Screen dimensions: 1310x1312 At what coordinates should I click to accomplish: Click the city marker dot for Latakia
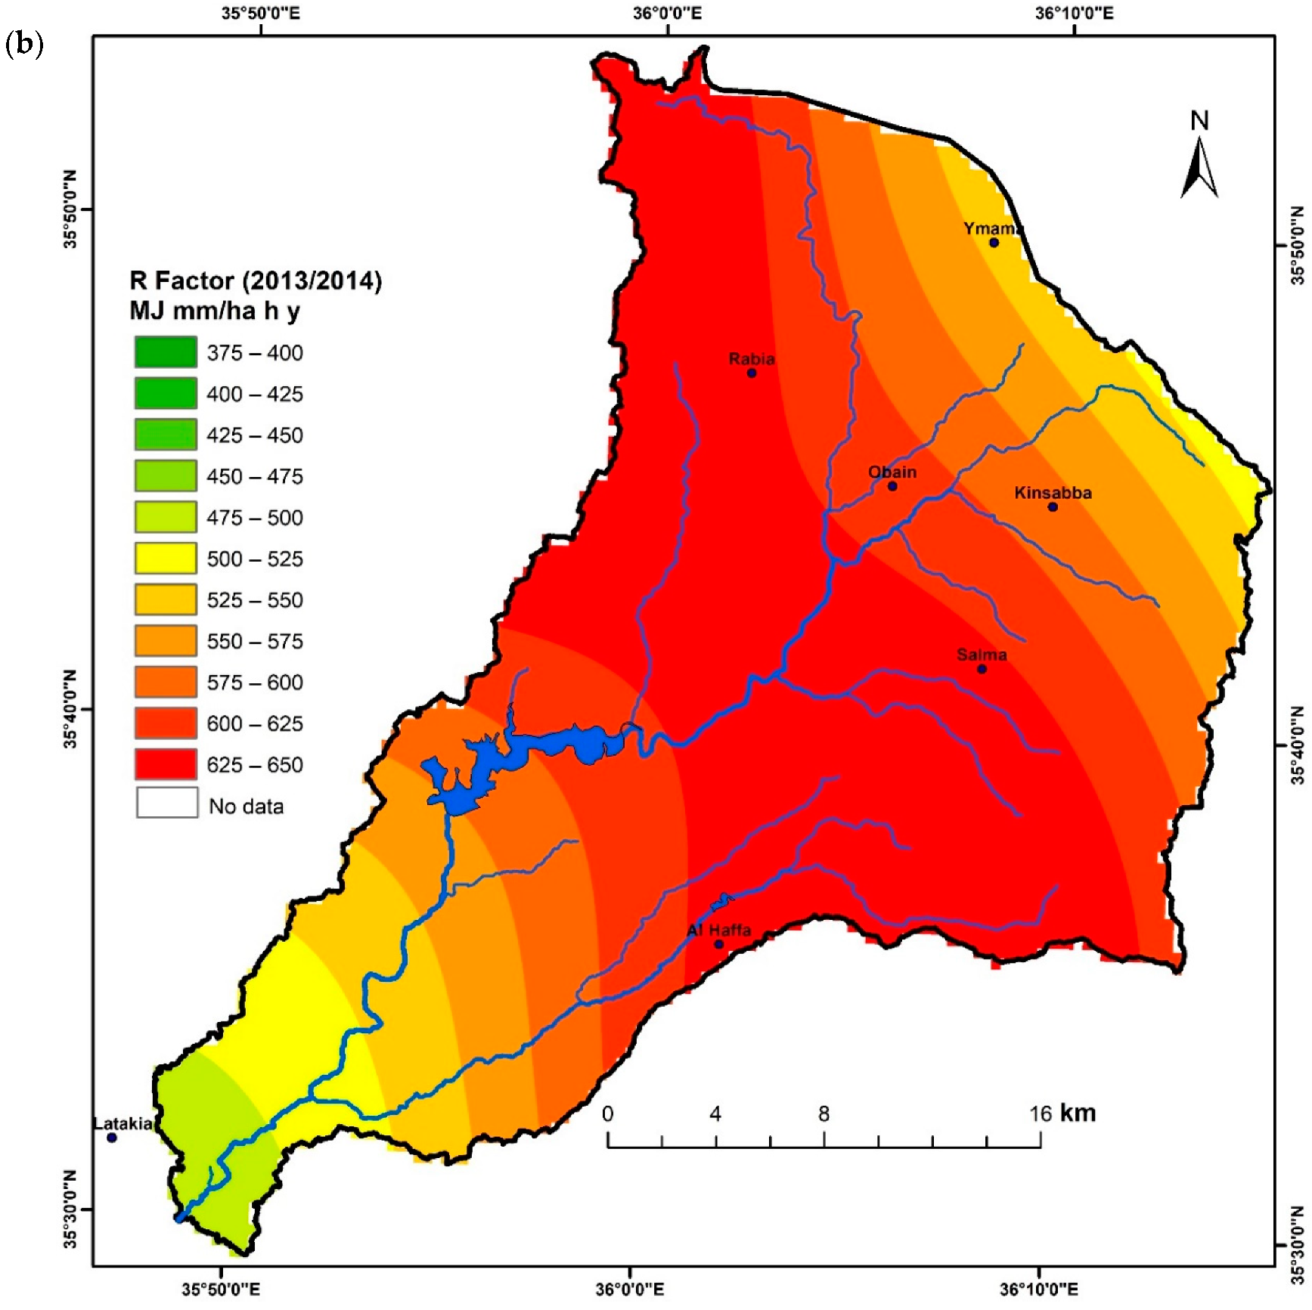(112, 1137)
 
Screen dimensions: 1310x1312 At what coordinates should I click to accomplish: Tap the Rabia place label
(751, 359)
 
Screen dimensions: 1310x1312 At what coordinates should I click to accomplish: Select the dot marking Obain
(892, 486)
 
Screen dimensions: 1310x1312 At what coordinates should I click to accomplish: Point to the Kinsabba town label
(1053, 493)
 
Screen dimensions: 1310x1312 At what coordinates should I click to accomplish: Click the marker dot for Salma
(982, 669)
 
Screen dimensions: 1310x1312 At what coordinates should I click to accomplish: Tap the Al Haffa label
(718, 931)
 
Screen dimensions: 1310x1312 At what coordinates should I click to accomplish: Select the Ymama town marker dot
(994, 243)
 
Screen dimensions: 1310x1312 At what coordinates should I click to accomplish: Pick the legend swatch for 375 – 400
(166, 352)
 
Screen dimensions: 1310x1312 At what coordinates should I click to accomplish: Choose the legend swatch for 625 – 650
(166, 764)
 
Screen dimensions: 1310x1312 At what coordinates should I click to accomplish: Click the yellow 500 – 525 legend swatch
(166, 559)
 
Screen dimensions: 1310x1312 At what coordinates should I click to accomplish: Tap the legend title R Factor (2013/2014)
(256, 281)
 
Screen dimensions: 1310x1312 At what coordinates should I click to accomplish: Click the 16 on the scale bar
(1040, 1113)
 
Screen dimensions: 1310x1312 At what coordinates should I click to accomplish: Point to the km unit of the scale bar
(1078, 1113)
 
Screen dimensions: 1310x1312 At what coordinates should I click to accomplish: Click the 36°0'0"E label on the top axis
(668, 13)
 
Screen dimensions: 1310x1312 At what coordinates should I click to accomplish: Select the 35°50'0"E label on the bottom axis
(220, 1290)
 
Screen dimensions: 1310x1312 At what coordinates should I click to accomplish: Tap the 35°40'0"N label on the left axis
(70, 709)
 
